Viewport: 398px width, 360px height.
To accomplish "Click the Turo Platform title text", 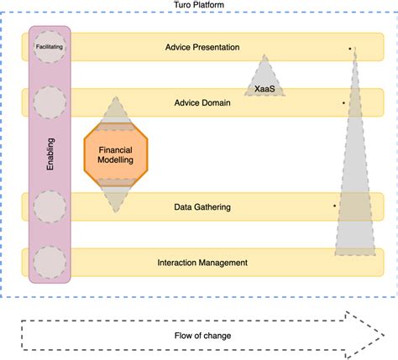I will point(199,6).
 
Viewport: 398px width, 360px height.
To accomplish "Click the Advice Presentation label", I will point(202,47).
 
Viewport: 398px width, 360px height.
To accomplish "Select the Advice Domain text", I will point(202,103).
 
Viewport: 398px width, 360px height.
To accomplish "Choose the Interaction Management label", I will point(202,263).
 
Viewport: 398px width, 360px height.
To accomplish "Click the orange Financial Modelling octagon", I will point(117,154).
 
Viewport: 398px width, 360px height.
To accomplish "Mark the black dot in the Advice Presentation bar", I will point(349,50).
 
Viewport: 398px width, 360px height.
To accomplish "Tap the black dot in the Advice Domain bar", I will point(343,104).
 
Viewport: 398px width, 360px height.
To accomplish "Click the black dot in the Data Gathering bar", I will point(334,206).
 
